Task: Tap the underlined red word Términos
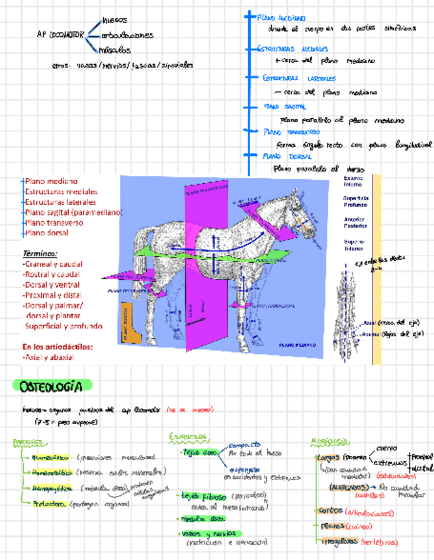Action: pyautogui.click(x=40, y=254)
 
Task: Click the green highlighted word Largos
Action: pyautogui.click(x=329, y=457)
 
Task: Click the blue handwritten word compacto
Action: pyautogui.click(x=244, y=445)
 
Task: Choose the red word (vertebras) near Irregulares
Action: pyautogui.click(x=380, y=542)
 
